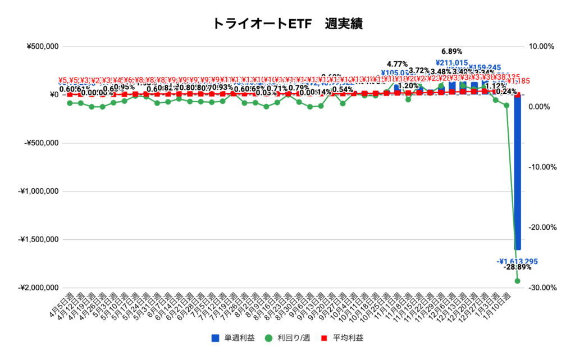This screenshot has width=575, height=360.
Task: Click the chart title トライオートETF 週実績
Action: point(287,23)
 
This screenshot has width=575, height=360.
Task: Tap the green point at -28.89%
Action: point(517,281)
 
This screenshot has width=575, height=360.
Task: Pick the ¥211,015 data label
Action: point(451,63)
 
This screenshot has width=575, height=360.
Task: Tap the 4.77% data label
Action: point(397,64)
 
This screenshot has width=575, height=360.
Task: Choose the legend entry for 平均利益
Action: point(343,338)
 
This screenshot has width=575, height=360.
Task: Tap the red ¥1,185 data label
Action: point(534,81)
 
